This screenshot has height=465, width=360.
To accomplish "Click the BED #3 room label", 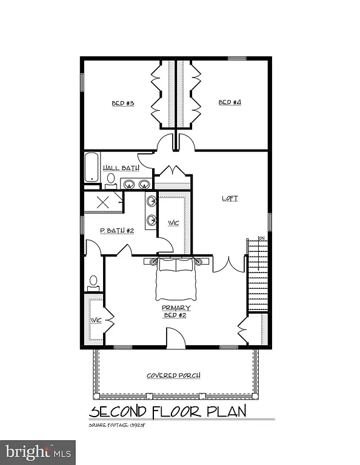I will point(122,104).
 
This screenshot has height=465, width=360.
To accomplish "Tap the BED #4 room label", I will point(230,103).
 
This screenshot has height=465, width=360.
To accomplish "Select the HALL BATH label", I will point(121,168).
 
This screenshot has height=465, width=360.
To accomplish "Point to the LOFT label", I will point(230,199).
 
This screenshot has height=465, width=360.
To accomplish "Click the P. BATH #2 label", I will point(113,231).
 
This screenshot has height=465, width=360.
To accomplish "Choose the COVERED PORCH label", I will point(173,375).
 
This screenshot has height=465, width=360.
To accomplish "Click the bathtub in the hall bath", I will point(92,167).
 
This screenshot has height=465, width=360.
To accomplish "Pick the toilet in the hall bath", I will point(111,179).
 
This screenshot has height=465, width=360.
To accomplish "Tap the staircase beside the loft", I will point(258,275).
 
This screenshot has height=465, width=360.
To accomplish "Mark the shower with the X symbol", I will point(103,202).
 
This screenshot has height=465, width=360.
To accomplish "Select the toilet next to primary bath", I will point(93,281).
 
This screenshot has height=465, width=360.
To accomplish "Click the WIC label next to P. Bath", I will point(174,223).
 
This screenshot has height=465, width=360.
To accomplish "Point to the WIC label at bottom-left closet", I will point(95,320).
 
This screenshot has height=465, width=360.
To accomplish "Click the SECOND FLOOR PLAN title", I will point(168,412).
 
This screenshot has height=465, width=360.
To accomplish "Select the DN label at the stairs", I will point(261,238).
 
